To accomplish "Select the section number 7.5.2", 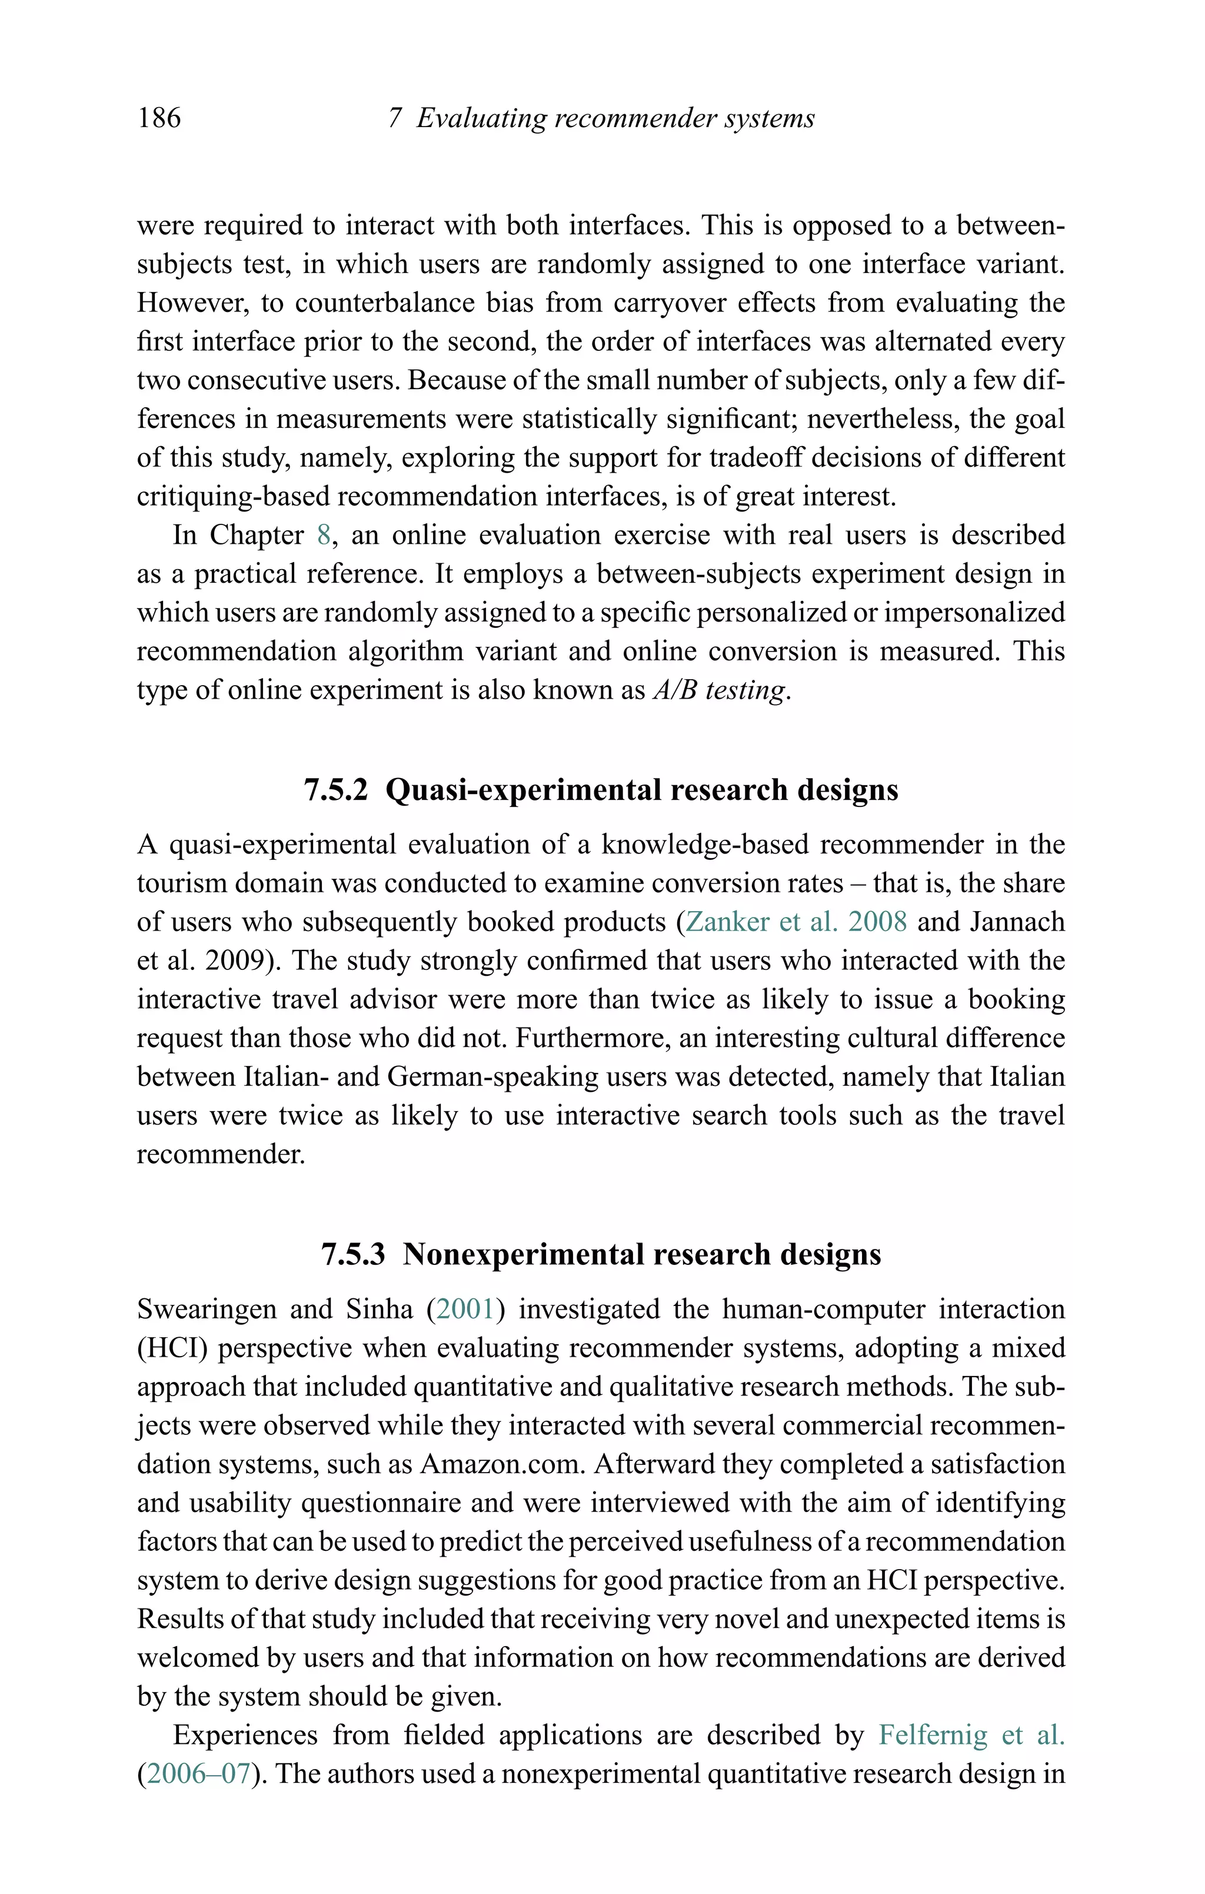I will (336, 790).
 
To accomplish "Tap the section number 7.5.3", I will (353, 1254).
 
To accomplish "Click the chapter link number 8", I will (323, 535).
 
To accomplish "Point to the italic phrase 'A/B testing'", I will (719, 690).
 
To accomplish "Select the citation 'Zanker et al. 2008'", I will (796, 922).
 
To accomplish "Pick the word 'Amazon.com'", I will (504, 1464).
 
